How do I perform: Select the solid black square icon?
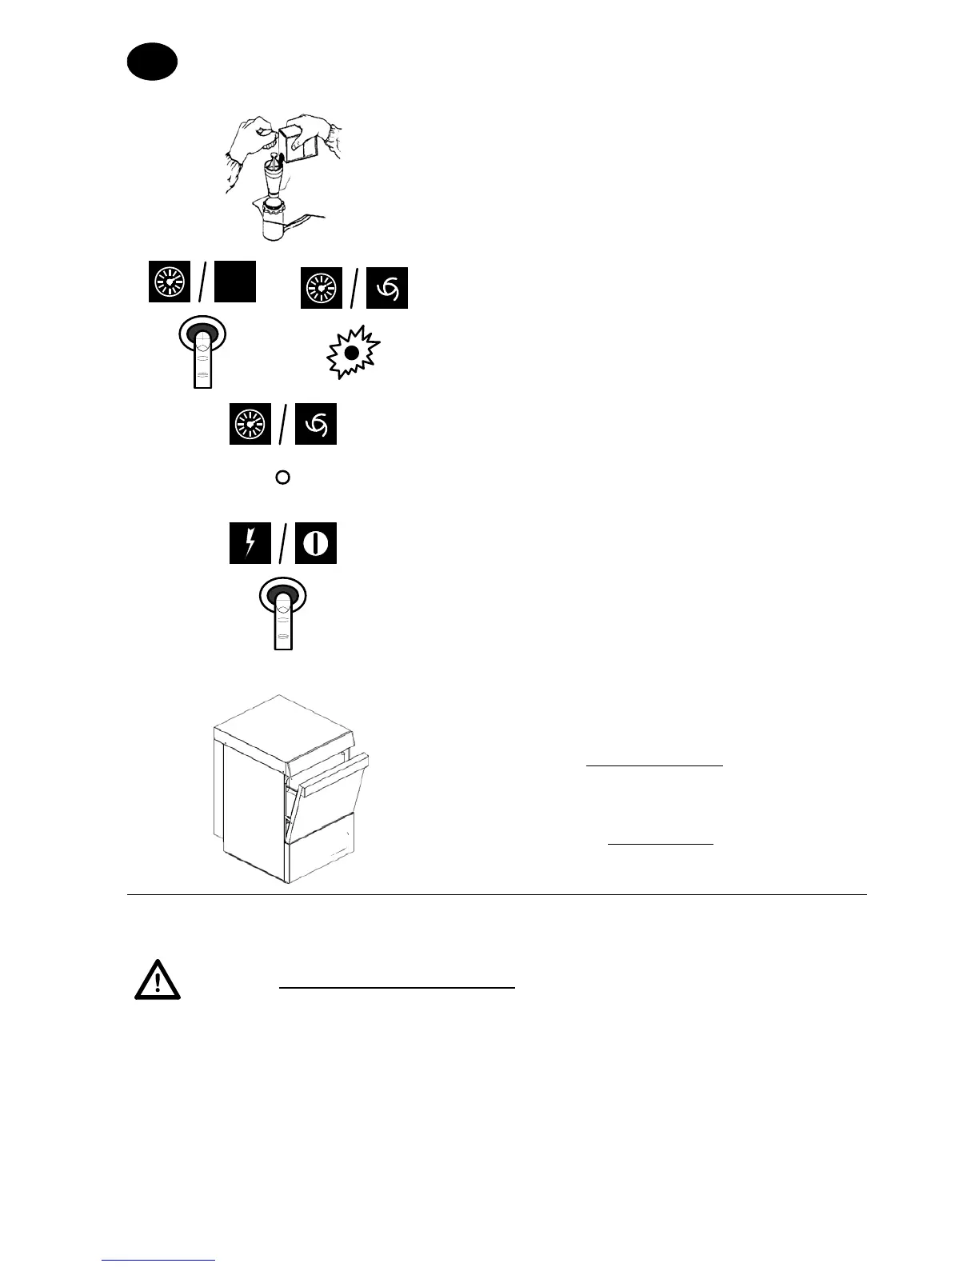234,282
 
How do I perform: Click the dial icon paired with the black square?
170,282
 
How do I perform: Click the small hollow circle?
282,478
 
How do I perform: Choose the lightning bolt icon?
250,543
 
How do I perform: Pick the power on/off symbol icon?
316,543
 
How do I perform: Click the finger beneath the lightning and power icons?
282,616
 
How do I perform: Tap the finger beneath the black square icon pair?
202,352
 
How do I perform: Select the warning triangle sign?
158,980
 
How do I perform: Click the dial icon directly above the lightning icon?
250,424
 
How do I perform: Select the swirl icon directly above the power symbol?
316,424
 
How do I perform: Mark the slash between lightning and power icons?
282,544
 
